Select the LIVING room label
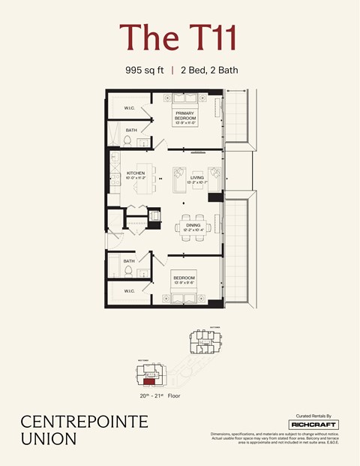196,178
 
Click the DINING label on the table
193,224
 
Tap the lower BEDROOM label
184,278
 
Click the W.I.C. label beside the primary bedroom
129,109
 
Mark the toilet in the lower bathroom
127,270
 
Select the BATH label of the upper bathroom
130,130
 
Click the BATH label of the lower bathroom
130,260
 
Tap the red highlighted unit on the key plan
149,381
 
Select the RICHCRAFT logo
313,425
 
